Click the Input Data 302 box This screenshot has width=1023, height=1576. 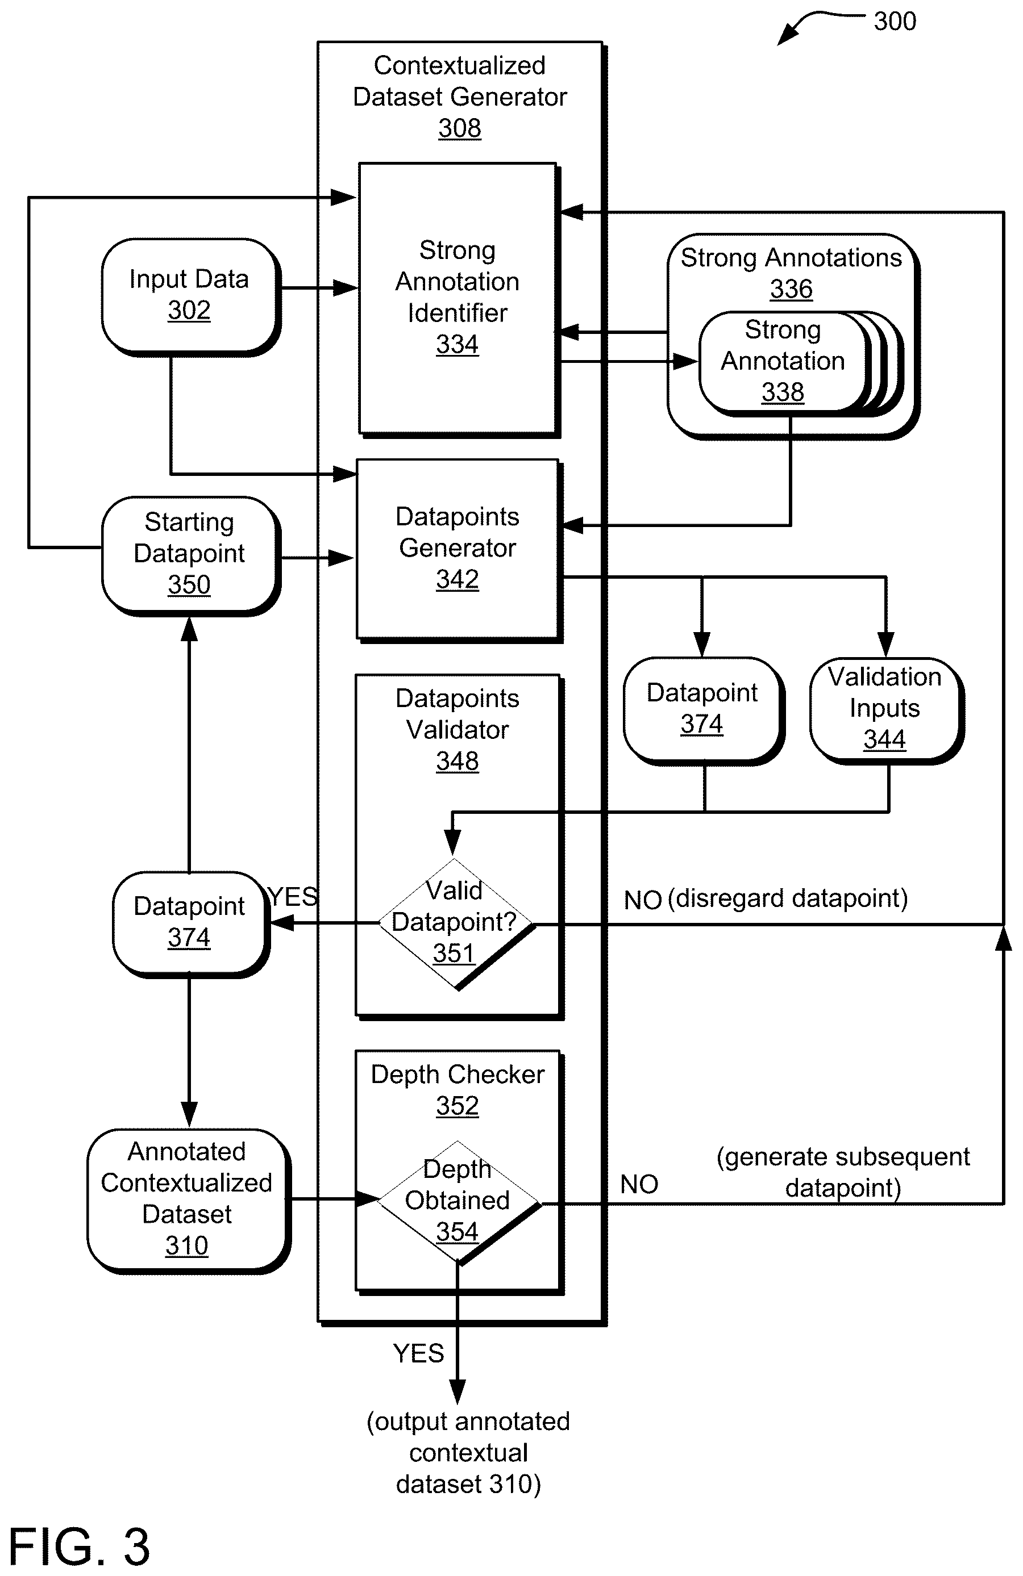[x=191, y=296]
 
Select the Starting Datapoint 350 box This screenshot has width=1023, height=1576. [x=191, y=555]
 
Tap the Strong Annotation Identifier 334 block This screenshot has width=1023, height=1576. [x=459, y=299]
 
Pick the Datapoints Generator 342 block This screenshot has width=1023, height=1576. [x=459, y=550]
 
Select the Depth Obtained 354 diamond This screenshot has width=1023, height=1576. [x=459, y=1202]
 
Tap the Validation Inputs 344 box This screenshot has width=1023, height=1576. [x=886, y=710]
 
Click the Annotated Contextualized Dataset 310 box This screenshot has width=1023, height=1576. [x=188, y=1200]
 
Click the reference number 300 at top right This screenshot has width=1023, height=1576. [x=895, y=21]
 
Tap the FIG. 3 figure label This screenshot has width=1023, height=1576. [x=79, y=1546]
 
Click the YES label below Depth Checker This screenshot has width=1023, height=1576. [x=418, y=1353]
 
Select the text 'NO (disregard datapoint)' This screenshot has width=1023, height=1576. [x=766, y=898]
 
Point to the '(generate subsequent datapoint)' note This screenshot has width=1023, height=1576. [x=843, y=1172]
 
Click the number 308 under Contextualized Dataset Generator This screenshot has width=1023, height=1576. [x=459, y=128]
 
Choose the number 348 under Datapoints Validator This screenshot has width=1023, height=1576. [x=457, y=761]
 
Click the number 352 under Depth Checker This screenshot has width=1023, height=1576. [x=457, y=1105]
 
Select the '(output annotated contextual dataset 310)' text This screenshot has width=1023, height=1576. [x=468, y=1452]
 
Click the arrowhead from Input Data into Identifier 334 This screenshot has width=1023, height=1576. [x=346, y=288]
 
